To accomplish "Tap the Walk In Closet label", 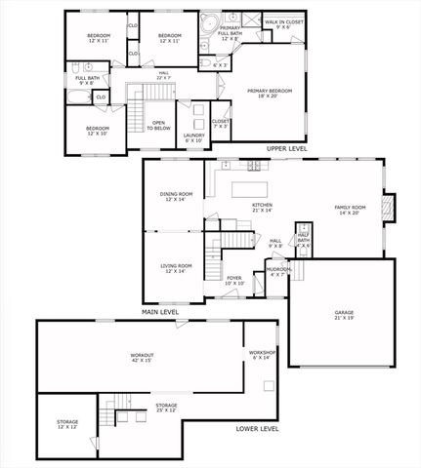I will [282, 23].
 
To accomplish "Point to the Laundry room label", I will [193, 137].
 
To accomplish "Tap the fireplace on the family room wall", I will [388, 207].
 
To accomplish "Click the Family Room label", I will [350, 210].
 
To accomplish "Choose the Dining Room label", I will [177, 196].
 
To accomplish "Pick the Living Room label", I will [177, 268].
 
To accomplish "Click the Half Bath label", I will [304, 240].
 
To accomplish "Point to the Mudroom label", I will [277, 271].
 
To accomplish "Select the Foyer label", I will [234, 280].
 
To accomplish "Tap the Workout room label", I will [143, 357].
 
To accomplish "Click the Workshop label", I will [261, 354].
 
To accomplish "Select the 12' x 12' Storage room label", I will [66, 424].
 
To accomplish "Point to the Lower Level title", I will [258, 428].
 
